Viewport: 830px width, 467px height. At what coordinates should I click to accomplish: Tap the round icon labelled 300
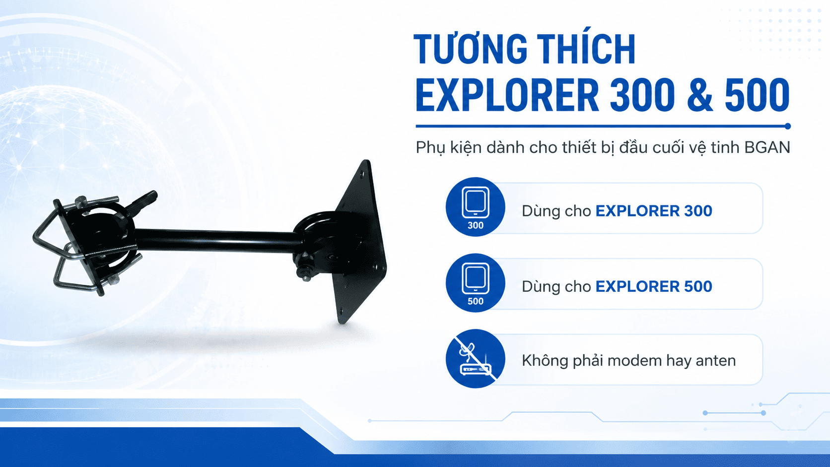click(x=476, y=206)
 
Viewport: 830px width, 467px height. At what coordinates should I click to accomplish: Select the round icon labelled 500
click(x=476, y=283)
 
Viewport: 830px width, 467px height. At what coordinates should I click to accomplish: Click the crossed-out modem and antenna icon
click(x=476, y=358)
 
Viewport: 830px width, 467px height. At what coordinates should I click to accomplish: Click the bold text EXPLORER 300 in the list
click(x=654, y=211)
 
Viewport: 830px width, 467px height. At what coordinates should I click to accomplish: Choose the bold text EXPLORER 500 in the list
click(x=654, y=287)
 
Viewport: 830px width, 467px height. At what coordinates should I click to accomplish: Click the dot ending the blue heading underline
click(x=787, y=126)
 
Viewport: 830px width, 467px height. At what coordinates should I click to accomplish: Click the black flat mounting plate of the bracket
click(x=361, y=241)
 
